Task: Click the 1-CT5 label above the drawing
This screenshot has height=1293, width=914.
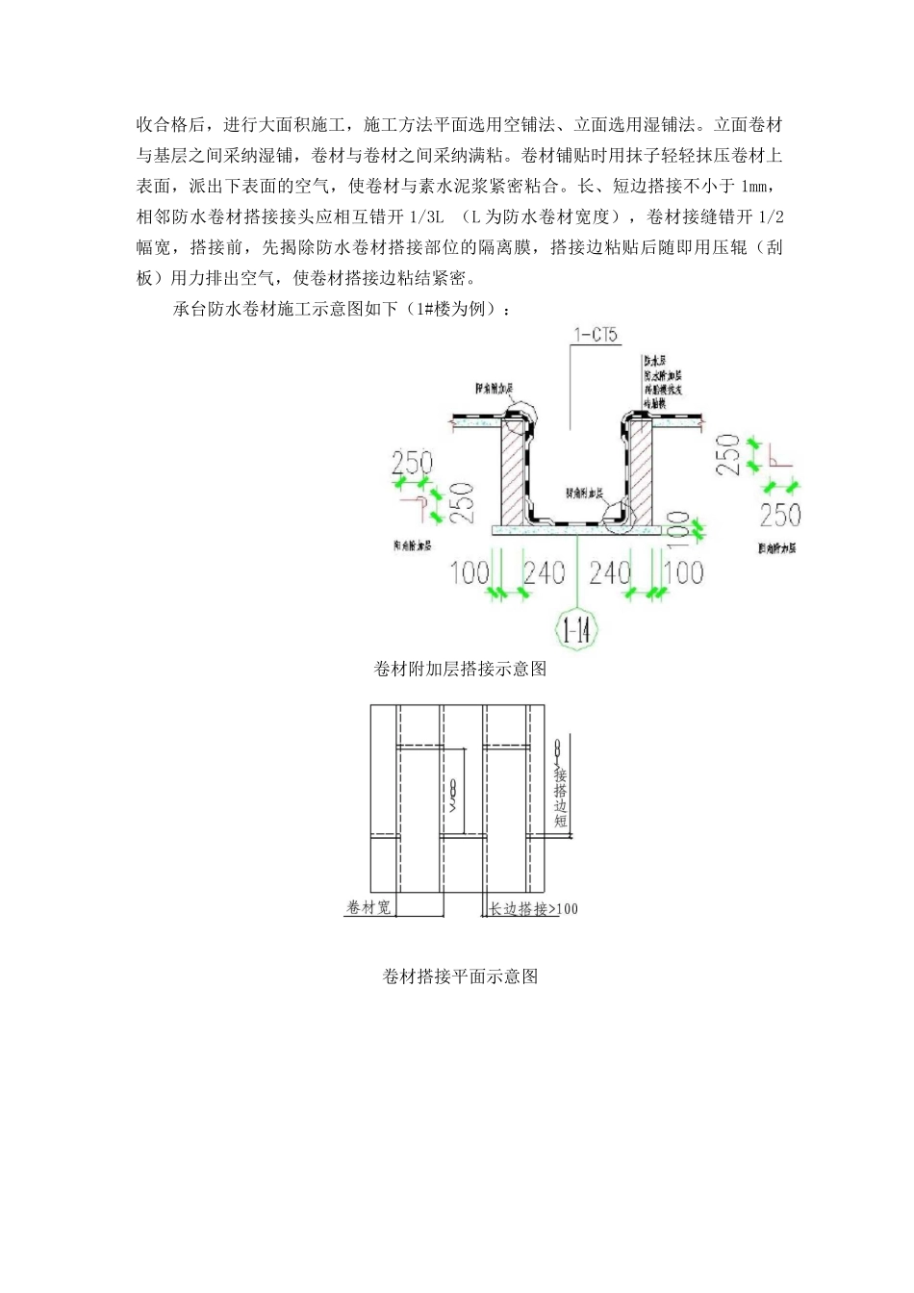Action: pyautogui.click(x=597, y=337)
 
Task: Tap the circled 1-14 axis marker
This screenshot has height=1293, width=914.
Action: pyautogui.click(x=575, y=631)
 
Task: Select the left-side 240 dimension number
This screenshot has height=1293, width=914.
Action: pyautogui.click(x=543, y=573)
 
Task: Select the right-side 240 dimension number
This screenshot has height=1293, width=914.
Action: pyautogui.click(x=611, y=573)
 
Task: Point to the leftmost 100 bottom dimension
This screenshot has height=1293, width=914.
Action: pyautogui.click(x=470, y=573)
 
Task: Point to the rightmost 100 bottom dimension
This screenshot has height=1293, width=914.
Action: pyautogui.click(x=683, y=573)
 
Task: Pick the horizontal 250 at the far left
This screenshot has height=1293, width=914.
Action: pyautogui.click(x=412, y=464)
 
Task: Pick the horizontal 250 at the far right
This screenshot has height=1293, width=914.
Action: pyautogui.click(x=779, y=515)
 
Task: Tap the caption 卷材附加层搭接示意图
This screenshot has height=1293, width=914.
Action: pyautogui.click(x=460, y=669)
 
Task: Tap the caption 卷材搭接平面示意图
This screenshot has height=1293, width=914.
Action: pyautogui.click(x=460, y=976)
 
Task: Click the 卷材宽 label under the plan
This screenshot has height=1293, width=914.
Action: pyautogui.click(x=368, y=907)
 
